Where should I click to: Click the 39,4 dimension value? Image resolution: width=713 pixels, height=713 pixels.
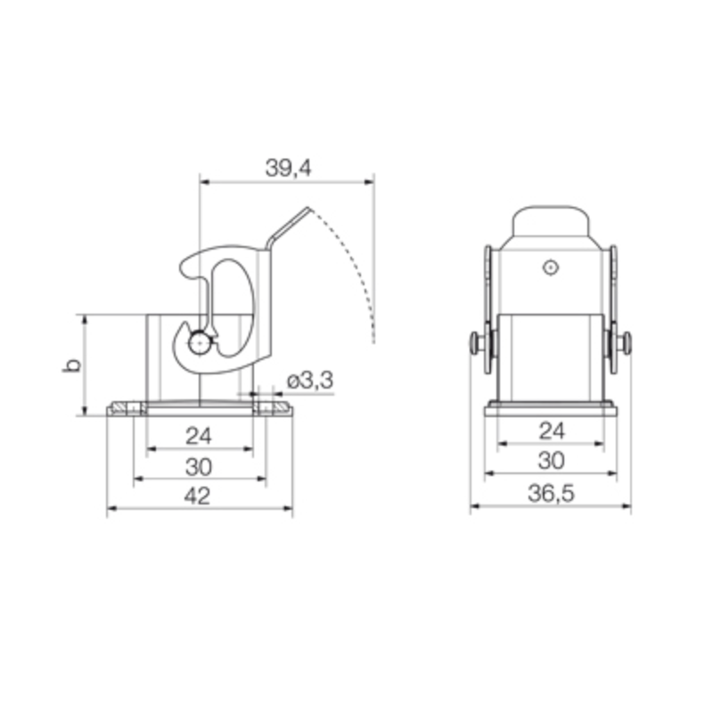coord(287,168)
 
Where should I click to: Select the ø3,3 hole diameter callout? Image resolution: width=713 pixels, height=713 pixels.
coord(309,381)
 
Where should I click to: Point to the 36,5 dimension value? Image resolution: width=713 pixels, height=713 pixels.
coord(551,495)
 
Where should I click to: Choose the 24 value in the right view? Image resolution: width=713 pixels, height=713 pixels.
coord(552,431)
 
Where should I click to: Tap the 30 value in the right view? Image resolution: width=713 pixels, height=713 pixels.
coord(552,461)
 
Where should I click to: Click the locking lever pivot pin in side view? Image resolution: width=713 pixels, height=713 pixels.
coord(199,341)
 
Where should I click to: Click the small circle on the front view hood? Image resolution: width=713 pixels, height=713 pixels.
coord(551,266)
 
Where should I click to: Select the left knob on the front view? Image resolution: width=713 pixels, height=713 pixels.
coord(479,342)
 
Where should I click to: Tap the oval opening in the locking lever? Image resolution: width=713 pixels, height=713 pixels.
coord(233,307)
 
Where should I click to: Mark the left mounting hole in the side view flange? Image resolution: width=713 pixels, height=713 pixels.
coord(134,409)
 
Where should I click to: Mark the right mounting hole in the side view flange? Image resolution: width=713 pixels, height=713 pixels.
coord(266,409)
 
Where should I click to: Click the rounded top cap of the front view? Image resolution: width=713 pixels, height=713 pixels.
coord(551,223)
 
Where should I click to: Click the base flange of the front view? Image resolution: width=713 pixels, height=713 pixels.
coord(551,410)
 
